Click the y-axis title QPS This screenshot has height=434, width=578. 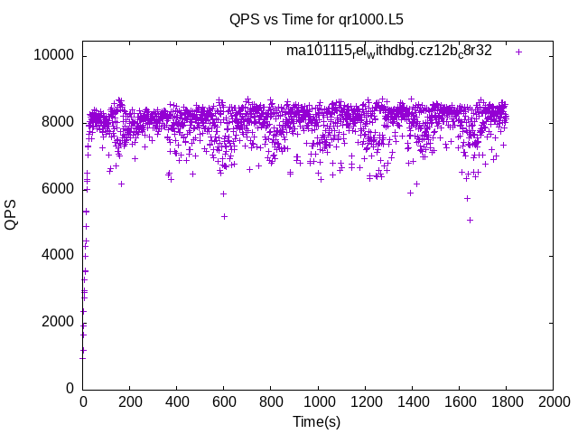click(x=12, y=214)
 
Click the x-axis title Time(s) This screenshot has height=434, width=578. click(x=316, y=421)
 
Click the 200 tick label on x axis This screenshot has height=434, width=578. click(x=130, y=402)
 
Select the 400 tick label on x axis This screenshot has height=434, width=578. click(x=177, y=402)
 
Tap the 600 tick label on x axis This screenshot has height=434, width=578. click(x=224, y=402)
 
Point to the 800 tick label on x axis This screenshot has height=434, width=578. click(x=271, y=402)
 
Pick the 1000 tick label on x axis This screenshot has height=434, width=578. click(x=318, y=402)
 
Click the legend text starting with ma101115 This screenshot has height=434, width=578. click(x=388, y=52)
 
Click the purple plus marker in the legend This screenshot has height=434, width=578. click(x=518, y=52)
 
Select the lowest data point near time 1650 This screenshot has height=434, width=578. click(x=471, y=220)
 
